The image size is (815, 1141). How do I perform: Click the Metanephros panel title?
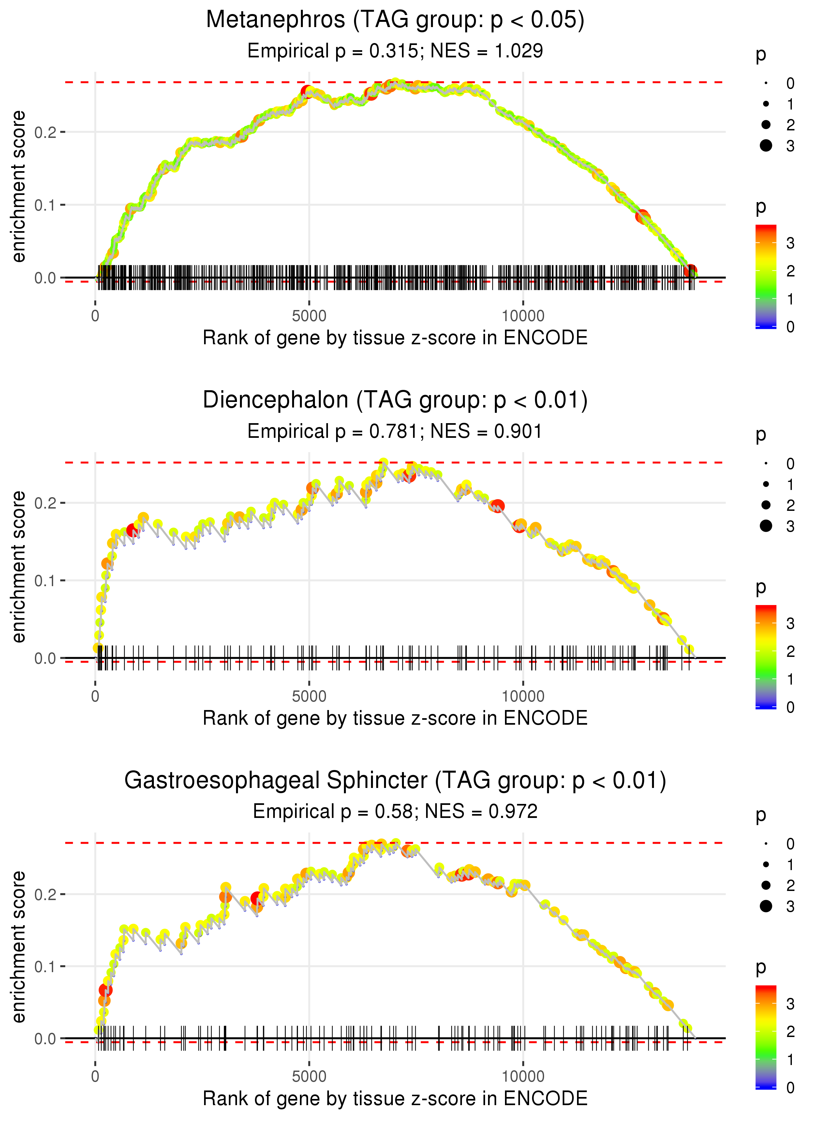395,20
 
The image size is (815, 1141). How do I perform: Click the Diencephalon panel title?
395,400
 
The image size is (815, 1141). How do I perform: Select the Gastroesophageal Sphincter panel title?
395,780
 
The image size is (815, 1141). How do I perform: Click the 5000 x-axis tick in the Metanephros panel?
309,316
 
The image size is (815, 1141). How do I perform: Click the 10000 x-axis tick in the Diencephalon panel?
523,696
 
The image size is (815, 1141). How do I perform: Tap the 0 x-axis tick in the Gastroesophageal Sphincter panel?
95,1077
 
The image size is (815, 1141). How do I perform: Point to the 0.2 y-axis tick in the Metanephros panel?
45,132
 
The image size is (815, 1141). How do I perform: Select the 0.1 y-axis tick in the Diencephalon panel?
45,581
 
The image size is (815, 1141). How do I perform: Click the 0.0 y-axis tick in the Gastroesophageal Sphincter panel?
45,1039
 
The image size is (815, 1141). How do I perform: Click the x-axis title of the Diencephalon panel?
395,718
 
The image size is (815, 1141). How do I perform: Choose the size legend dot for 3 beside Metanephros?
766,145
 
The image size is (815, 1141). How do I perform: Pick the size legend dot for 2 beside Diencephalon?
766,505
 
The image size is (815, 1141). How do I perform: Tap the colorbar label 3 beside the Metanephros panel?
791,243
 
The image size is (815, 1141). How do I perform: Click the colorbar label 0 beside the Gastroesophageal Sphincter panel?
791,1088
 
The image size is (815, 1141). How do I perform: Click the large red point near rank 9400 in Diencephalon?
498,506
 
